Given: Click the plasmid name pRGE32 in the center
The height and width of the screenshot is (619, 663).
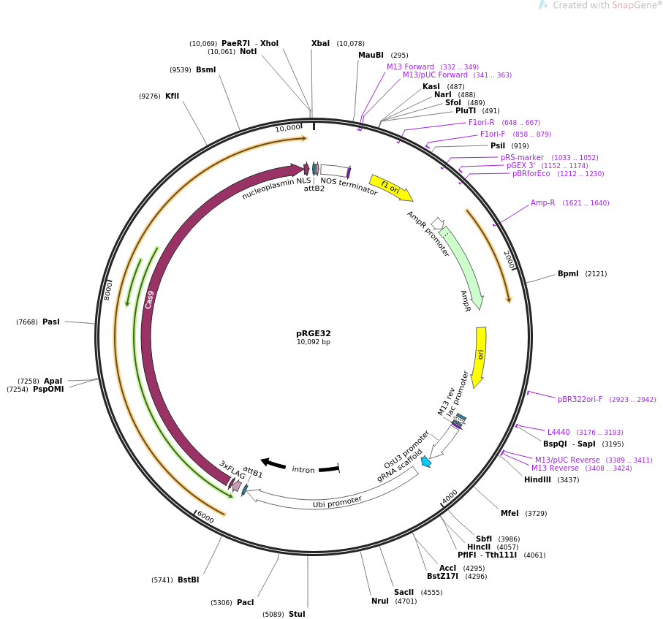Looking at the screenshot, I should click(x=313, y=333).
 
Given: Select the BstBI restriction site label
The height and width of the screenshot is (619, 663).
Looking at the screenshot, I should click(x=188, y=580).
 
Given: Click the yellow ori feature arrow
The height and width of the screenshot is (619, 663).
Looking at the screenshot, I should click(x=480, y=357).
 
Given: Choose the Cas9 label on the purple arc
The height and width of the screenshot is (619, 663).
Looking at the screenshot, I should click(x=149, y=300).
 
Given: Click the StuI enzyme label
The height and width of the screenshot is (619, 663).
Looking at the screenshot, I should click(x=297, y=614).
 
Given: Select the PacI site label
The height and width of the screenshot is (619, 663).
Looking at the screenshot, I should click(x=246, y=602).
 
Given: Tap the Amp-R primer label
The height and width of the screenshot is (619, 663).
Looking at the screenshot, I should click(x=542, y=202).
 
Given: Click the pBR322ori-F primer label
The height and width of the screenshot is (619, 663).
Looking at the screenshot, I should click(x=580, y=399).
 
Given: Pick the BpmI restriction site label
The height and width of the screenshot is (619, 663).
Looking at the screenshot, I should click(x=568, y=273).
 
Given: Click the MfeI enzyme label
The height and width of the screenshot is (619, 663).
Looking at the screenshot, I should click(x=509, y=513).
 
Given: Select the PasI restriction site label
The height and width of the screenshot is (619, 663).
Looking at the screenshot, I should click(x=51, y=322).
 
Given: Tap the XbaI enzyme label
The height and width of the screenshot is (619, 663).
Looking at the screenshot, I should click(x=320, y=43).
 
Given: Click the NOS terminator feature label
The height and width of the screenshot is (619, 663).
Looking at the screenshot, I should click(x=349, y=186).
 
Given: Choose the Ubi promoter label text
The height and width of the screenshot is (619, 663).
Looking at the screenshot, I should click(x=337, y=501).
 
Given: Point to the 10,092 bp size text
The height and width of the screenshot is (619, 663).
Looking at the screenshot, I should click(x=313, y=342).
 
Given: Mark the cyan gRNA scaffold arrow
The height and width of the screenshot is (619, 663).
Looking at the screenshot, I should click(x=425, y=461).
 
